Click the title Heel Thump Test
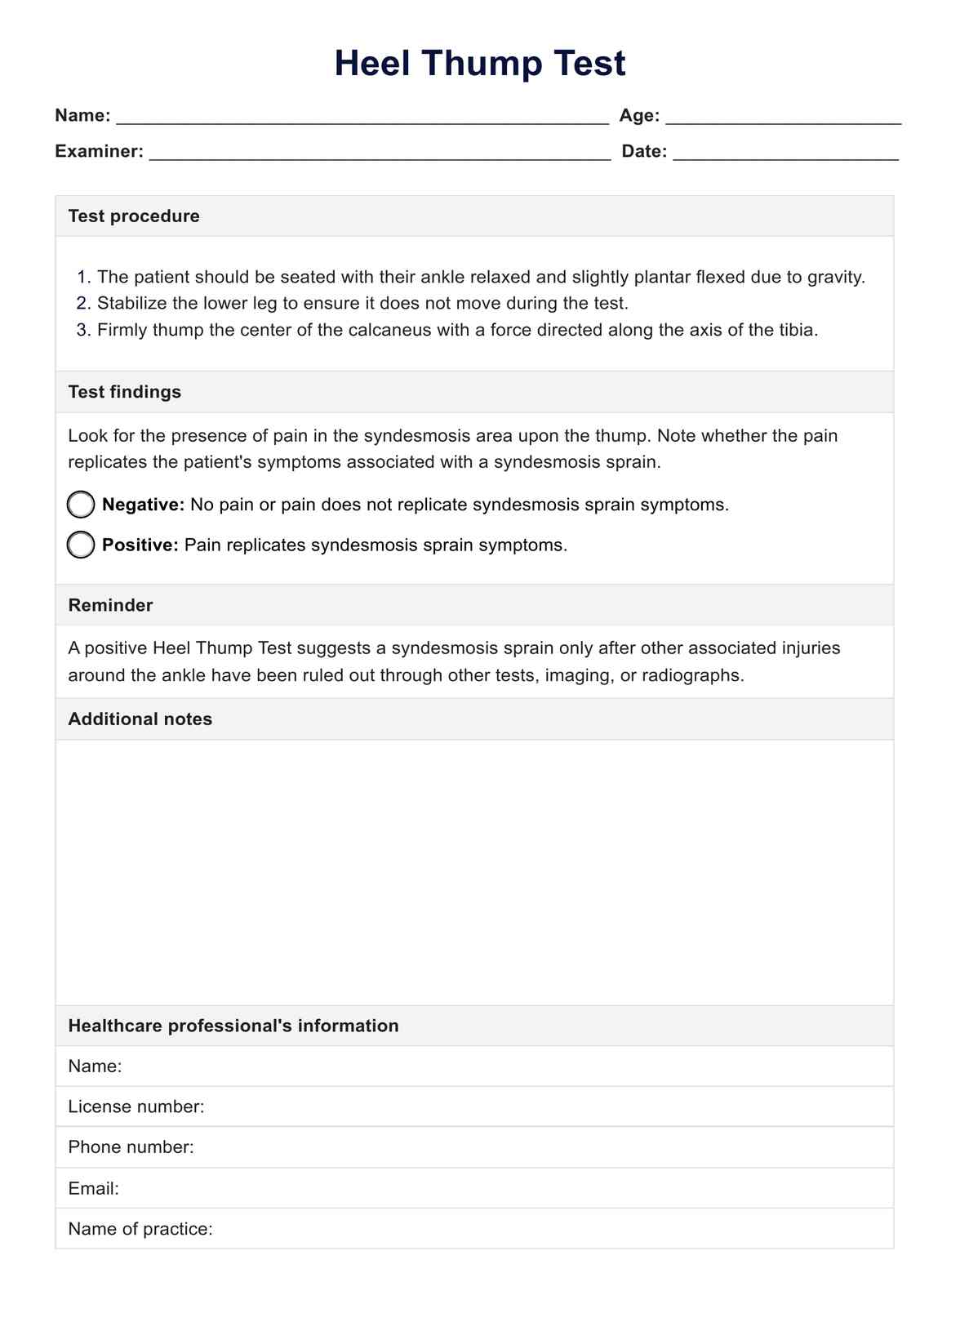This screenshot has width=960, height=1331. [x=480, y=64]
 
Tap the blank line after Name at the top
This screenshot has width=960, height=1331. [x=362, y=118]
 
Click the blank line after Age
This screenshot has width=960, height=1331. [x=783, y=118]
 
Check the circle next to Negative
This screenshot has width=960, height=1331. [x=81, y=505]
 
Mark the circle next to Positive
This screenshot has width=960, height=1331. [x=81, y=545]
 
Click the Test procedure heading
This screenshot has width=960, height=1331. [x=134, y=216]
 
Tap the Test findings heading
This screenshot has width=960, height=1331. [x=125, y=392]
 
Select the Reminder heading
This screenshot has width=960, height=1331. [x=110, y=605]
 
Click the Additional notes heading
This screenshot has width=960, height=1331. [x=140, y=719]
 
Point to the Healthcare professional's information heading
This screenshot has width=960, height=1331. [x=233, y=1026]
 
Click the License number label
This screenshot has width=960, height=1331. [x=136, y=1106]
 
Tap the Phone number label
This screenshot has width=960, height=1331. [x=131, y=1147]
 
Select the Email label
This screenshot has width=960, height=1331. [x=93, y=1188]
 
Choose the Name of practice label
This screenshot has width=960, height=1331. [x=140, y=1229]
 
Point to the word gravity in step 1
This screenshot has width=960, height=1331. [x=835, y=278]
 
